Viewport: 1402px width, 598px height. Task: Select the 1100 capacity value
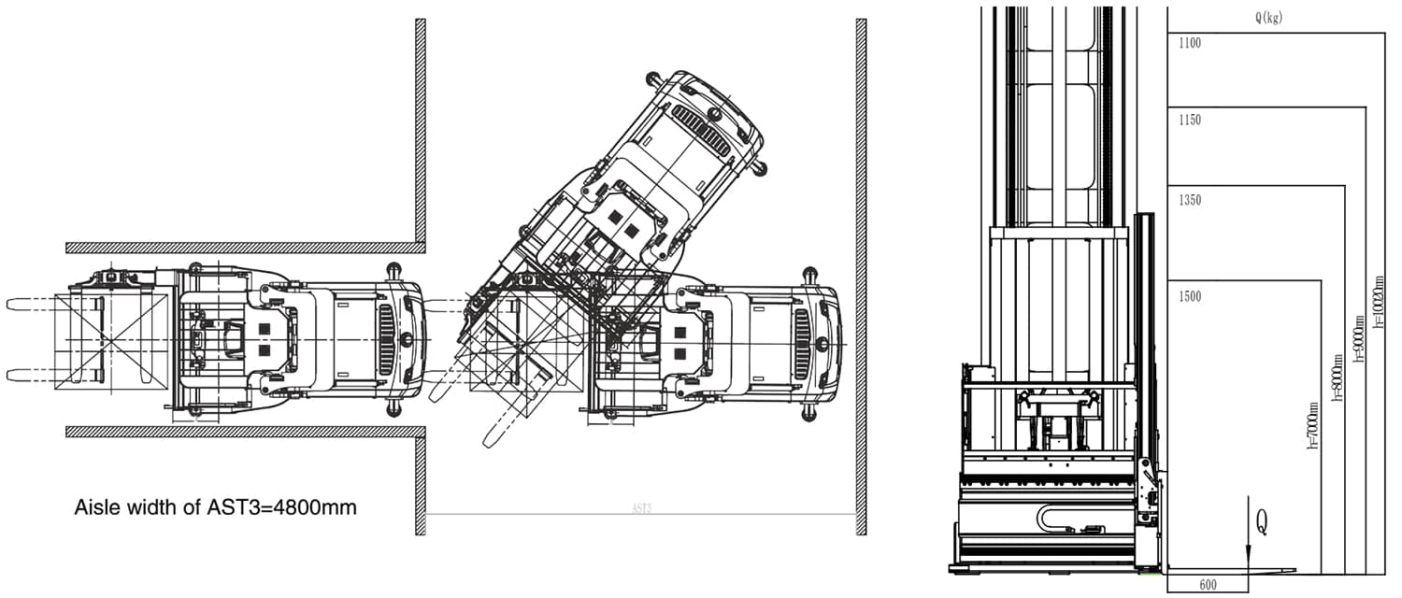1190,43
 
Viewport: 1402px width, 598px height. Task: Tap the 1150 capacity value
1190,121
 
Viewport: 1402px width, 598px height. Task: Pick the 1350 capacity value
1190,201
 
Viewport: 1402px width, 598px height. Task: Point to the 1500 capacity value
1190,297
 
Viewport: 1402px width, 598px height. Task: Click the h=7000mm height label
1313,425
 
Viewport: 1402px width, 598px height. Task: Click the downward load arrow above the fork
1248,536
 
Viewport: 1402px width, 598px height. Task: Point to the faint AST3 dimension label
641,509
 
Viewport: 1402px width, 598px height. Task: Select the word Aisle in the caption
95,508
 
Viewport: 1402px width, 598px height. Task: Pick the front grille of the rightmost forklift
801,345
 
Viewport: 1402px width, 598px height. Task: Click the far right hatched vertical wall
861,276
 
